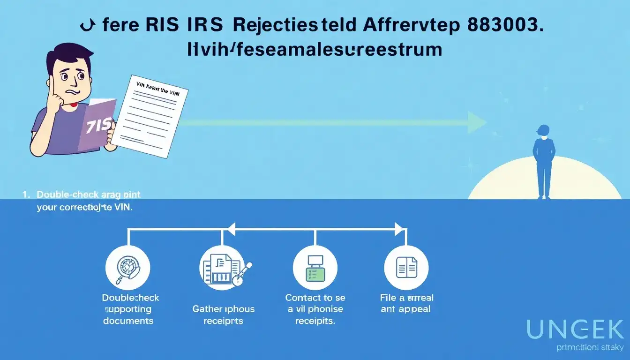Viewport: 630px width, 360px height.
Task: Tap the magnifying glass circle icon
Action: click(128, 268)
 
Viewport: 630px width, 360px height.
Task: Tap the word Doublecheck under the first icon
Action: click(130, 298)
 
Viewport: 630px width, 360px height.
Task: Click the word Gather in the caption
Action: click(207, 309)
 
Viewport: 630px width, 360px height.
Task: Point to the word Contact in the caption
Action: click(303, 298)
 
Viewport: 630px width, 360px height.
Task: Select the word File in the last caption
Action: click(389, 298)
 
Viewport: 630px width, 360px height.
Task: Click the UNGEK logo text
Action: click(576, 330)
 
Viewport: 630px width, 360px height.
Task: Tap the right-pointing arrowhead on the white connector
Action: click(399, 229)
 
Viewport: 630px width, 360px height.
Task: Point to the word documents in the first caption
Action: click(128, 321)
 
